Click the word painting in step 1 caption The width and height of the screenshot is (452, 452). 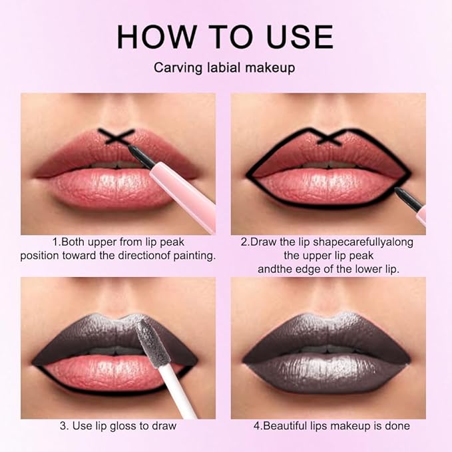tap(193, 256)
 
